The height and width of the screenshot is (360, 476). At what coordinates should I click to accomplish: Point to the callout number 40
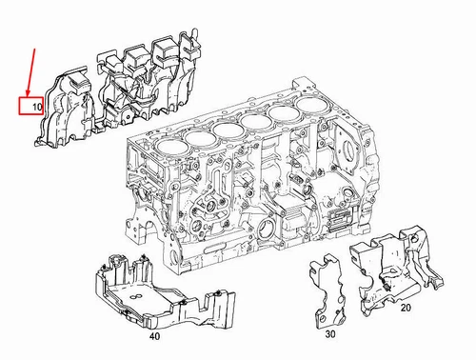coord(154,336)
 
